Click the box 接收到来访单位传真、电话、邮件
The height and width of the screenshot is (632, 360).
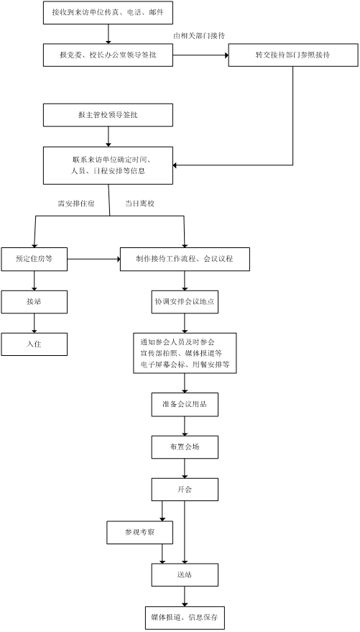click(108, 12)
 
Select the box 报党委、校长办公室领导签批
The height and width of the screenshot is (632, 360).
click(108, 55)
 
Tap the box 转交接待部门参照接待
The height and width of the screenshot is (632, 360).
click(293, 55)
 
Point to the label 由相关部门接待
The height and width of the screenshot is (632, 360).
click(199, 36)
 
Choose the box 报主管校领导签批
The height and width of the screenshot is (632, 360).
click(108, 115)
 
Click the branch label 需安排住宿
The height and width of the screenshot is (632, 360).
click(76, 203)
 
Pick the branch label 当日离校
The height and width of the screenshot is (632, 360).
click(139, 203)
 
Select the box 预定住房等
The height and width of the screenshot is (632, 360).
click(34, 259)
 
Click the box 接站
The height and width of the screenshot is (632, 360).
click(34, 301)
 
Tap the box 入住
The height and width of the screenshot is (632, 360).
click(34, 344)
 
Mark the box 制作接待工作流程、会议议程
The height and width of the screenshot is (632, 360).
click(185, 259)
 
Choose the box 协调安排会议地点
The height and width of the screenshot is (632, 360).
click(185, 301)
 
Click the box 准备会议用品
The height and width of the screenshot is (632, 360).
click(185, 404)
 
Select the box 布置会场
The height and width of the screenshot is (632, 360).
click(185, 447)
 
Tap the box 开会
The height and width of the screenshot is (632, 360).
click(185, 490)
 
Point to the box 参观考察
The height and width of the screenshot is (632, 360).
click(139, 533)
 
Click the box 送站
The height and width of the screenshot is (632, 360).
click(185, 575)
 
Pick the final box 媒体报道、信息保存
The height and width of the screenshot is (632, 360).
click(185, 618)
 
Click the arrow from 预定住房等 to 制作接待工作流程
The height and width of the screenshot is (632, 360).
click(94, 259)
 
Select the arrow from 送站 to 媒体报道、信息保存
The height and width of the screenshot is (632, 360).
click(185, 597)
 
